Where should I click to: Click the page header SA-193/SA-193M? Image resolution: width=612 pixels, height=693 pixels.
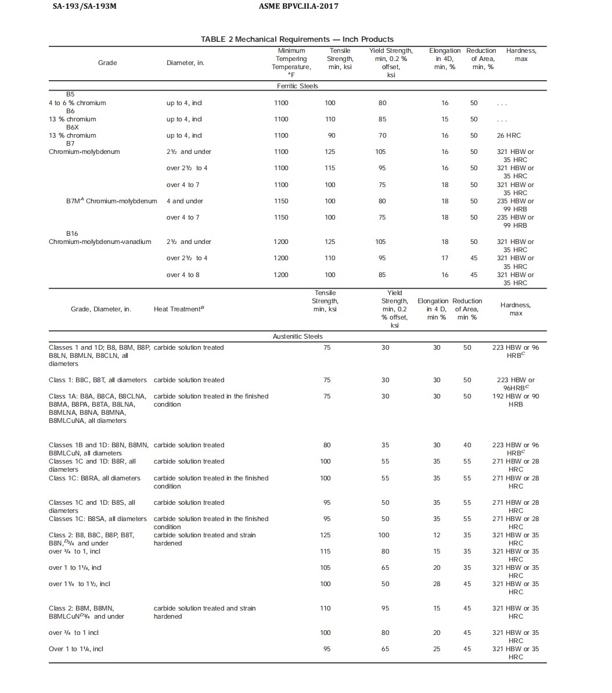click(x=88, y=6)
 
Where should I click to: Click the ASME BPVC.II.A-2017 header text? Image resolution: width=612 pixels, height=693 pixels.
click(x=298, y=6)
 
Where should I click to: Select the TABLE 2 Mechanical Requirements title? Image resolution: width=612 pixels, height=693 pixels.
click(x=297, y=40)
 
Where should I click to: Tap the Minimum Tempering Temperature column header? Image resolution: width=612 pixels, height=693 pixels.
click(x=291, y=63)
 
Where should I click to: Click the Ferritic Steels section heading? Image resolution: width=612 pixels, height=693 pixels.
click(x=297, y=86)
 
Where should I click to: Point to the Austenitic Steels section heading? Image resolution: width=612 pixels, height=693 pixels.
click(x=297, y=336)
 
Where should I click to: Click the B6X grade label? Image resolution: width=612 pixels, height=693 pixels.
click(x=72, y=127)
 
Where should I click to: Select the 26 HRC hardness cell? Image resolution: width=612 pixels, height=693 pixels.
click(x=509, y=135)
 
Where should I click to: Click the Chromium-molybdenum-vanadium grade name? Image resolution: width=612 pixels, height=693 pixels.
click(x=100, y=242)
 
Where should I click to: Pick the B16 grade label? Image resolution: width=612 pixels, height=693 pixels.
click(x=72, y=234)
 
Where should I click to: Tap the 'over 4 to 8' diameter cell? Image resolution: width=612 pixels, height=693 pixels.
click(x=183, y=275)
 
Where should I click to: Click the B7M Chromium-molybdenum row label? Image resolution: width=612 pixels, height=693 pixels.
click(x=111, y=201)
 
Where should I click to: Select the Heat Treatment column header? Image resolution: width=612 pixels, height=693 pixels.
click(x=179, y=309)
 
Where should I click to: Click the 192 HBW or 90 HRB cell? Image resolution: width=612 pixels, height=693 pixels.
click(x=515, y=400)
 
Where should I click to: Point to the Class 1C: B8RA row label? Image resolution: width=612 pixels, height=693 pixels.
click(x=95, y=478)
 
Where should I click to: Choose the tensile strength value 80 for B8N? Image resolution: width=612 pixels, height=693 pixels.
click(x=327, y=445)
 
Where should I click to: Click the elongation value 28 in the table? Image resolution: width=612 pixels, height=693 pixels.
click(x=437, y=584)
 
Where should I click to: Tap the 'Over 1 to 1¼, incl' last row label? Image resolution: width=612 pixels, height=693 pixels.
click(x=76, y=649)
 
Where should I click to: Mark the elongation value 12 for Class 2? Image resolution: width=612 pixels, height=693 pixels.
click(x=437, y=535)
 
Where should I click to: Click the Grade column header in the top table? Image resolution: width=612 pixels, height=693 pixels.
click(x=107, y=63)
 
